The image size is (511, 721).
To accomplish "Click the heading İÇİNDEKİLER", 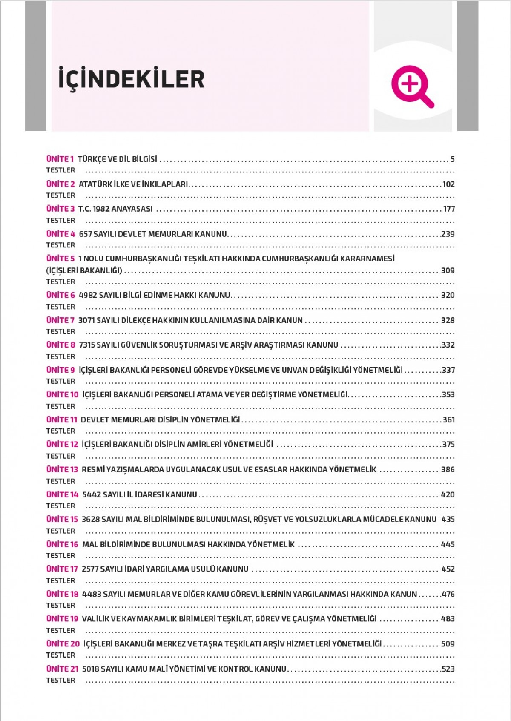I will (131, 79).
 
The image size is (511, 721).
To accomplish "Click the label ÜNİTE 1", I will (60, 159).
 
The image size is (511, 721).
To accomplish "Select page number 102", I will (448, 184).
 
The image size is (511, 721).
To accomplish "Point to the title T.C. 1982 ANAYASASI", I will (115, 209).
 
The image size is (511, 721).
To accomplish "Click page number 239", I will (448, 234).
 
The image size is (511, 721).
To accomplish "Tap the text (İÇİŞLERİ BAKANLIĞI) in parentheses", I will (84, 270).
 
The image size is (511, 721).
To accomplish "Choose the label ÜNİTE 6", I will (60, 295).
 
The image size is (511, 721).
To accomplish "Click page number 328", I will (448, 320).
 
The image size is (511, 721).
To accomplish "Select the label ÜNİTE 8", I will (60, 345).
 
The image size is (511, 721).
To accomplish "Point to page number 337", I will (448, 370).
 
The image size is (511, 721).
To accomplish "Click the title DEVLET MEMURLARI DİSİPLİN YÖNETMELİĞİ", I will (161, 420).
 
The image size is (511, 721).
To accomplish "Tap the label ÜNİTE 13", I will (62, 470).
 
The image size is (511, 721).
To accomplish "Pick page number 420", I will (448, 495).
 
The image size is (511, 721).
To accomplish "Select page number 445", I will (448, 545).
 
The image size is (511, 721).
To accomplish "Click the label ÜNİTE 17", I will (62, 569).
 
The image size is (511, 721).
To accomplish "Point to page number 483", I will (448, 619).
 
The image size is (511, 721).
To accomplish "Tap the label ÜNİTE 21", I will (62, 669).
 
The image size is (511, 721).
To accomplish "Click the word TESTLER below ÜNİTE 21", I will (60, 681).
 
